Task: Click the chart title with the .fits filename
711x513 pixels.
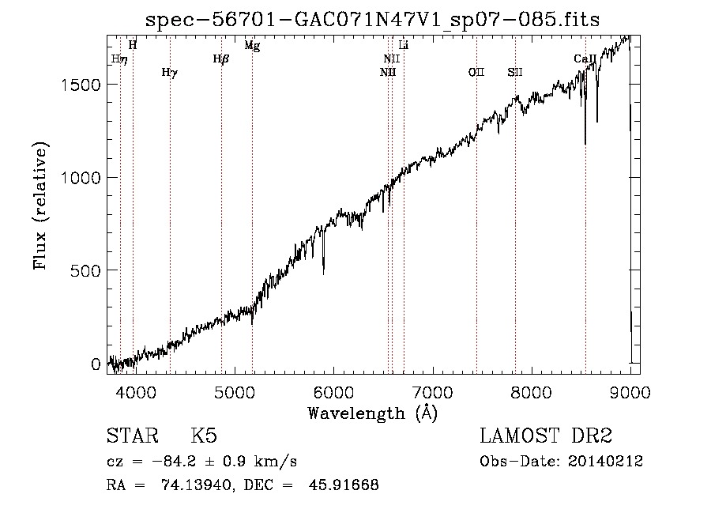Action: (x=372, y=20)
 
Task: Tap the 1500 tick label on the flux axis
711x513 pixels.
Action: (x=80, y=85)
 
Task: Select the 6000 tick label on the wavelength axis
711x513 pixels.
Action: (x=333, y=392)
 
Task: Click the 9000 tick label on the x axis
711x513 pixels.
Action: (x=630, y=392)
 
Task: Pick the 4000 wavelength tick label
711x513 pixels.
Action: (x=136, y=392)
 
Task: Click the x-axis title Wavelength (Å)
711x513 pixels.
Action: (x=373, y=413)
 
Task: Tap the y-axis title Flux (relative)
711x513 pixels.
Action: (x=40, y=206)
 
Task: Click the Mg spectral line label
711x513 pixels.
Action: (x=252, y=45)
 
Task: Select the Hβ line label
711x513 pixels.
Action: (x=221, y=59)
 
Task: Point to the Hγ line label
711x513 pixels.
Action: (x=170, y=73)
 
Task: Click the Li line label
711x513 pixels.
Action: (x=403, y=45)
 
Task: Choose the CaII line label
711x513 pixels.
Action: (x=585, y=58)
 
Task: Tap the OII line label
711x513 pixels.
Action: (x=476, y=72)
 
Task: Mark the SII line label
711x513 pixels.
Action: (x=515, y=72)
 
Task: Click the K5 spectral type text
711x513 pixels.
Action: (x=204, y=436)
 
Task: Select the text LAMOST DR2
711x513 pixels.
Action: (x=546, y=436)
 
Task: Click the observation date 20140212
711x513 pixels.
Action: (x=605, y=462)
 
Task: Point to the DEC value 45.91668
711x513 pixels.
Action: (x=344, y=485)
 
